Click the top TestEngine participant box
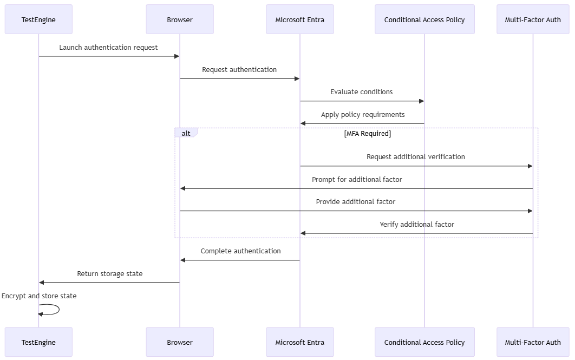click(x=38, y=19)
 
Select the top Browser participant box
click(x=180, y=19)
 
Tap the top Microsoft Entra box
click(x=300, y=19)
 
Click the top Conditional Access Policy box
click(x=424, y=19)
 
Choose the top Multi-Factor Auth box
click(x=533, y=19)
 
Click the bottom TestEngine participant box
click(x=38, y=342)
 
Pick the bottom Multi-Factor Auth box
click(x=533, y=342)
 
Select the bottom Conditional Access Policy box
click(x=424, y=342)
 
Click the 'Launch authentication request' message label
click(x=108, y=48)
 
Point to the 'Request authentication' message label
click(x=239, y=70)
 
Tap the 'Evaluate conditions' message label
click(x=362, y=92)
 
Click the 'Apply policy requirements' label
click(x=363, y=115)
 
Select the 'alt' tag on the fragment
click(x=186, y=133)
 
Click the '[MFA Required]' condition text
click(x=367, y=133)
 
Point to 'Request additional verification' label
click(x=416, y=157)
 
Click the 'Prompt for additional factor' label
click(x=357, y=180)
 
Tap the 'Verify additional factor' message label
click(x=417, y=224)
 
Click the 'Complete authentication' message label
click(x=240, y=251)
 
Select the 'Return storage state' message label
click(x=110, y=274)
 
